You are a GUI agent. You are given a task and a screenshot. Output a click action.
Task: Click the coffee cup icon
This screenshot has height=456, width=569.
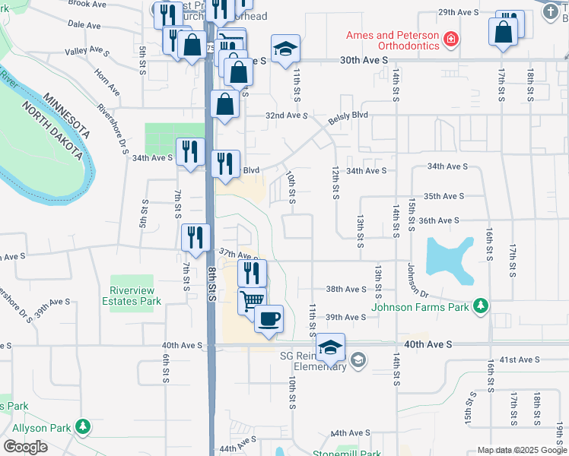[x=269, y=318]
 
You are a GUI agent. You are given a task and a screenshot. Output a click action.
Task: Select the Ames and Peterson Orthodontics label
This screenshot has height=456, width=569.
[x=393, y=40]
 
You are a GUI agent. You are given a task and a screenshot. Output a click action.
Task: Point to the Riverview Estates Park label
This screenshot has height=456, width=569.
[x=132, y=296]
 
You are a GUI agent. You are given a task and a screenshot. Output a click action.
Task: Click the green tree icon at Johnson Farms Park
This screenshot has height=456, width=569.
[x=480, y=306]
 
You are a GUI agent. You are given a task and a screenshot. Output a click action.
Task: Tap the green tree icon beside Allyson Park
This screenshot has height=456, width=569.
[x=82, y=427]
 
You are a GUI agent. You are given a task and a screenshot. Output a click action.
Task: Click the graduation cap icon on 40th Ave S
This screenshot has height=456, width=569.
[x=331, y=347]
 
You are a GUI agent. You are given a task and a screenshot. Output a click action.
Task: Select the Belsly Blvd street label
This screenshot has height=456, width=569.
[x=348, y=117]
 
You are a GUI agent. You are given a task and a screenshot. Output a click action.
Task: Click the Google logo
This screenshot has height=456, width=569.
[x=25, y=446]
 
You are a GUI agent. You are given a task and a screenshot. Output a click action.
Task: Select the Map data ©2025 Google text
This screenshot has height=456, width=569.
[x=522, y=450]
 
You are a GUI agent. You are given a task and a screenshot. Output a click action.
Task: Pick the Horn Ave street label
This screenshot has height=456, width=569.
[x=106, y=81]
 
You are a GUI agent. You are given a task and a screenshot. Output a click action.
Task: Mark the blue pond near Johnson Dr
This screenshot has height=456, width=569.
[x=448, y=258]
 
